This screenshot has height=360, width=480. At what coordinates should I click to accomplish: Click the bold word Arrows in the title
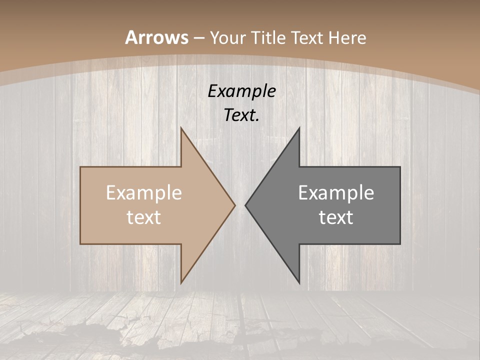click(156, 37)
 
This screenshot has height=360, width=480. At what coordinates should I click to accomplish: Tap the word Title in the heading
click(268, 38)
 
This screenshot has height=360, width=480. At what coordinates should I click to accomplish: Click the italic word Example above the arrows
click(241, 91)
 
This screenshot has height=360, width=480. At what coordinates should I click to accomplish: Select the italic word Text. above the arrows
click(241, 115)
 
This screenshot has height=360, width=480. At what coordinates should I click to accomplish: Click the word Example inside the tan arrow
click(144, 193)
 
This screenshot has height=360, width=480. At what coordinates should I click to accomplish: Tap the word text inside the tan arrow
click(144, 217)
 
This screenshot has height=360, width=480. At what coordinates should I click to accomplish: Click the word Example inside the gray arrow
click(336, 193)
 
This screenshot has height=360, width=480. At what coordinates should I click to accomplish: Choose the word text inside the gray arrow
click(336, 217)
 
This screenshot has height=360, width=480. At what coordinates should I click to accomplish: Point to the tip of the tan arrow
click(235, 205)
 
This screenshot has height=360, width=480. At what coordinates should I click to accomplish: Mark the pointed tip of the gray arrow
click(245, 205)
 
